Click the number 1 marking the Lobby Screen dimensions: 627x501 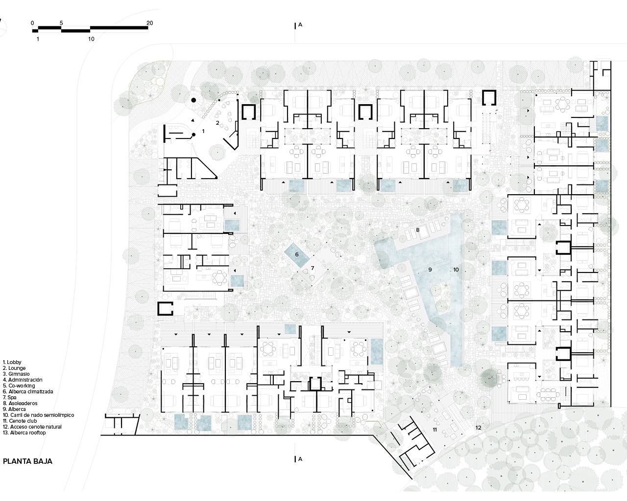point(203,131)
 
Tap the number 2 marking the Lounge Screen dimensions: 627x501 point(217,123)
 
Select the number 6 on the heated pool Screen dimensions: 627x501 point(297,254)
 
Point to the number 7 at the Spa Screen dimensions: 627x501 point(313,268)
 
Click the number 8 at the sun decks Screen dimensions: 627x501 point(417,230)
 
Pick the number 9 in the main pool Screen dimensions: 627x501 point(430,270)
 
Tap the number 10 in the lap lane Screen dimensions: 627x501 point(456,270)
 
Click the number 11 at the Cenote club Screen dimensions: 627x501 point(434,430)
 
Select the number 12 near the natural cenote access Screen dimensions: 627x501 point(478,428)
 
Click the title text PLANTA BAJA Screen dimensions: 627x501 point(28,461)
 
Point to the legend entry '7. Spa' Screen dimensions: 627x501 point(10,397)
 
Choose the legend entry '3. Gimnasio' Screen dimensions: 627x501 point(16,374)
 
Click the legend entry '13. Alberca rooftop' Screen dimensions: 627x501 point(24,433)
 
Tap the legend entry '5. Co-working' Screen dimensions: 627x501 point(19,386)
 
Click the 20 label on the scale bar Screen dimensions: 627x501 point(149,23)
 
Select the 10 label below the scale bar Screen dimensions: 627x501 point(91,39)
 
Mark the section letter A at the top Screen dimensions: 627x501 point(300,25)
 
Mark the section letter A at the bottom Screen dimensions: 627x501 point(300,459)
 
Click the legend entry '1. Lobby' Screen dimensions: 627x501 point(12,362)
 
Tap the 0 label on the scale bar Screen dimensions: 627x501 point(32,23)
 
